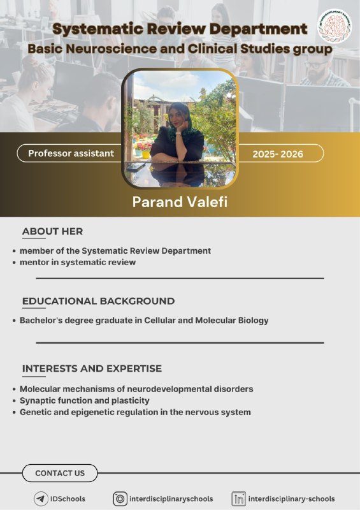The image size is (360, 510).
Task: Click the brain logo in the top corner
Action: (x=335, y=26)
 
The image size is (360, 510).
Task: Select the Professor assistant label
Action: (x=71, y=153)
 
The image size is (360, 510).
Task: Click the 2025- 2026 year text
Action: (x=278, y=154)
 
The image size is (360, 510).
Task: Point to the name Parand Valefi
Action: (x=180, y=202)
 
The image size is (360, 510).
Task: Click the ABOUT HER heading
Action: (x=52, y=231)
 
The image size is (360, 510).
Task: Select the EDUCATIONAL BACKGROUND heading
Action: (x=98, y=301)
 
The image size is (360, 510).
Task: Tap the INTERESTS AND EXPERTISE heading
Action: (x=92, y=368)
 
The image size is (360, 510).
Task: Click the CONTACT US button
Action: (x=60, y=473)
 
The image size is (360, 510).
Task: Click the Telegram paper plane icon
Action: (x=41, y=499)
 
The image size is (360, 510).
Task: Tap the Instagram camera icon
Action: (x=120, y=499)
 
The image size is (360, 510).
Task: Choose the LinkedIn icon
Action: (x=239, y=499)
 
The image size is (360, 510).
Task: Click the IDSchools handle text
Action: (x=68, y=499)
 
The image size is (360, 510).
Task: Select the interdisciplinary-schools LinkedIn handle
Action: (x=291, y=499)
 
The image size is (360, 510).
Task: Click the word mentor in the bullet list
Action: (x=34, y=262)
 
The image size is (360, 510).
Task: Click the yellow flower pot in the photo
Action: (x=146, y=154)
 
